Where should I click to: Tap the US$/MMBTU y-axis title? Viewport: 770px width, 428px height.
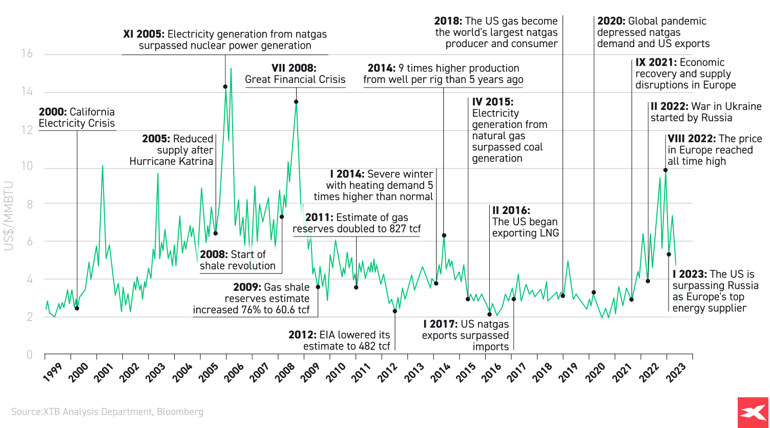8,216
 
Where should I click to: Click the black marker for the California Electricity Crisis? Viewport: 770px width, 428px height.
77,308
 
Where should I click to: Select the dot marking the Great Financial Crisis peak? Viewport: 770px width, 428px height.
296,102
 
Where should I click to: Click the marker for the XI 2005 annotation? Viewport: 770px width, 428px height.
225,87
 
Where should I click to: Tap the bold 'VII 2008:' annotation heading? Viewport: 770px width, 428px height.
294,68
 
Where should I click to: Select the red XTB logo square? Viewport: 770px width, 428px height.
754,412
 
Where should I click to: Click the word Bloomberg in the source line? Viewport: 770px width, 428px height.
180,412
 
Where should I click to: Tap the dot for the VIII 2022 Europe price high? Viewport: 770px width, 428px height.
665,170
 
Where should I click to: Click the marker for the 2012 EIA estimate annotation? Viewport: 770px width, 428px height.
395,311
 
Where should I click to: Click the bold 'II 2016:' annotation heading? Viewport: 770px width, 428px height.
511,210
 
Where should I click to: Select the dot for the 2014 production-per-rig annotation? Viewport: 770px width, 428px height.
444,236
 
